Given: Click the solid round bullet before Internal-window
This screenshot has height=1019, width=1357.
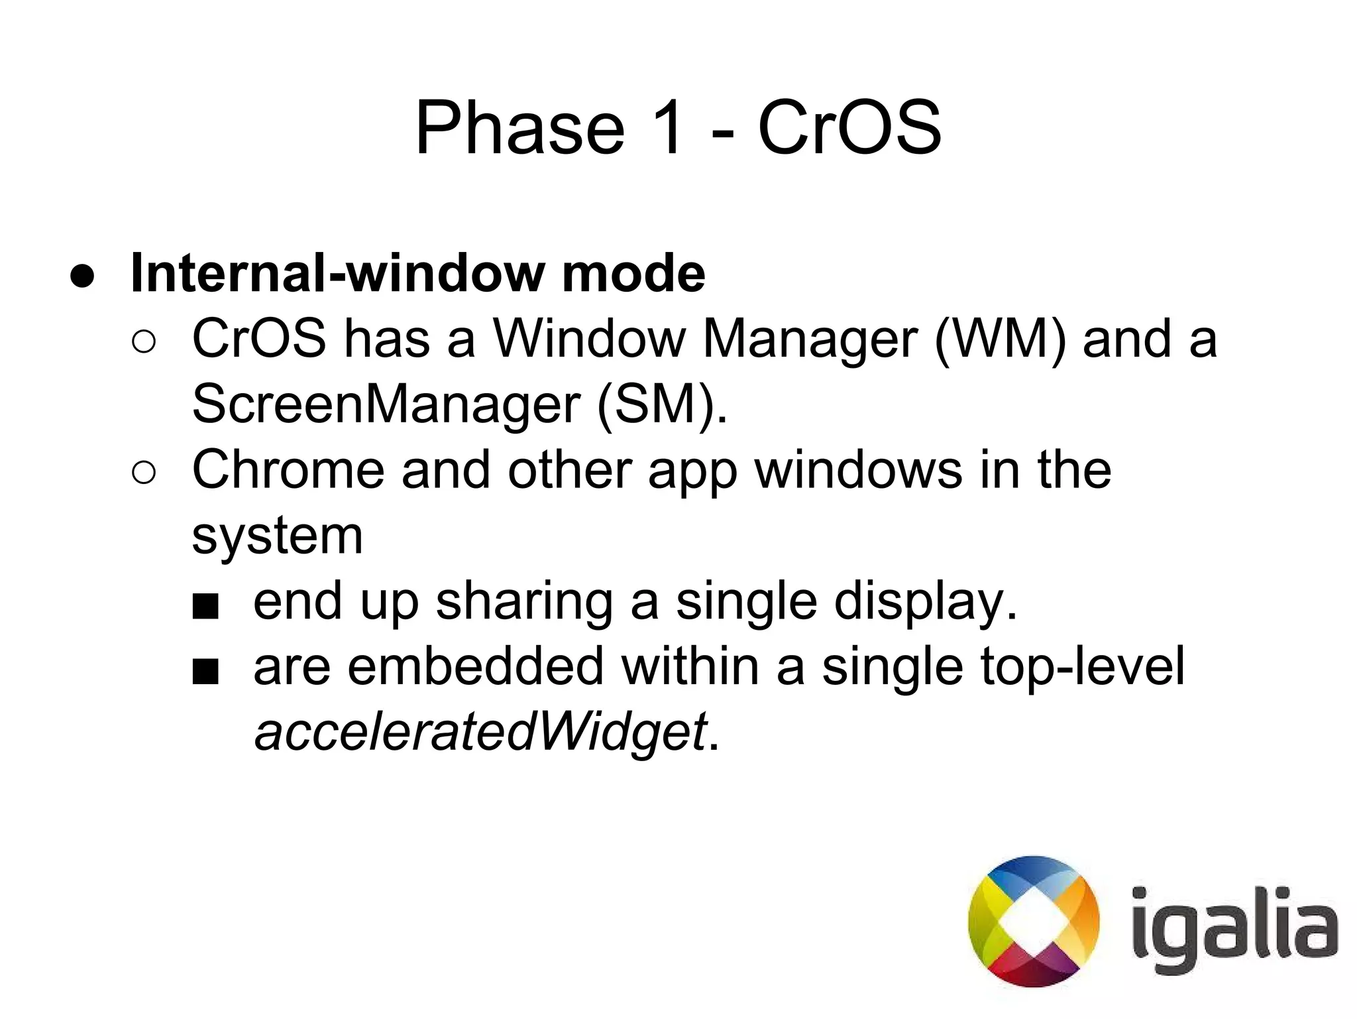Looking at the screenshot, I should pos(83,276).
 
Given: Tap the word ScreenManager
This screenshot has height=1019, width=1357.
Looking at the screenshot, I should pos(386,404).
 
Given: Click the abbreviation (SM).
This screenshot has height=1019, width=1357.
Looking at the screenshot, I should pos(661,404).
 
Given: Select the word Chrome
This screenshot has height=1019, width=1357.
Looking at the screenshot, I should pos(288,470).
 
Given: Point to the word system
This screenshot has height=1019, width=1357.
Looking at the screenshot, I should pos(277,536).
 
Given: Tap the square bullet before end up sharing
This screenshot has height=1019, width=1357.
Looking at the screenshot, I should pos(205,605).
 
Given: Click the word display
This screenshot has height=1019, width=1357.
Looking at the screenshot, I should pos(924,602).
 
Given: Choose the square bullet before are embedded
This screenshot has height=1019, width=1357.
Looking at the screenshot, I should pos(205,671).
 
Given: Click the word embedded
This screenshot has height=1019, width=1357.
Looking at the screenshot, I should pos(475,667).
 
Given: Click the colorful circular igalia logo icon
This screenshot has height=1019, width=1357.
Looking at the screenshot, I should pos(1034,921).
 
